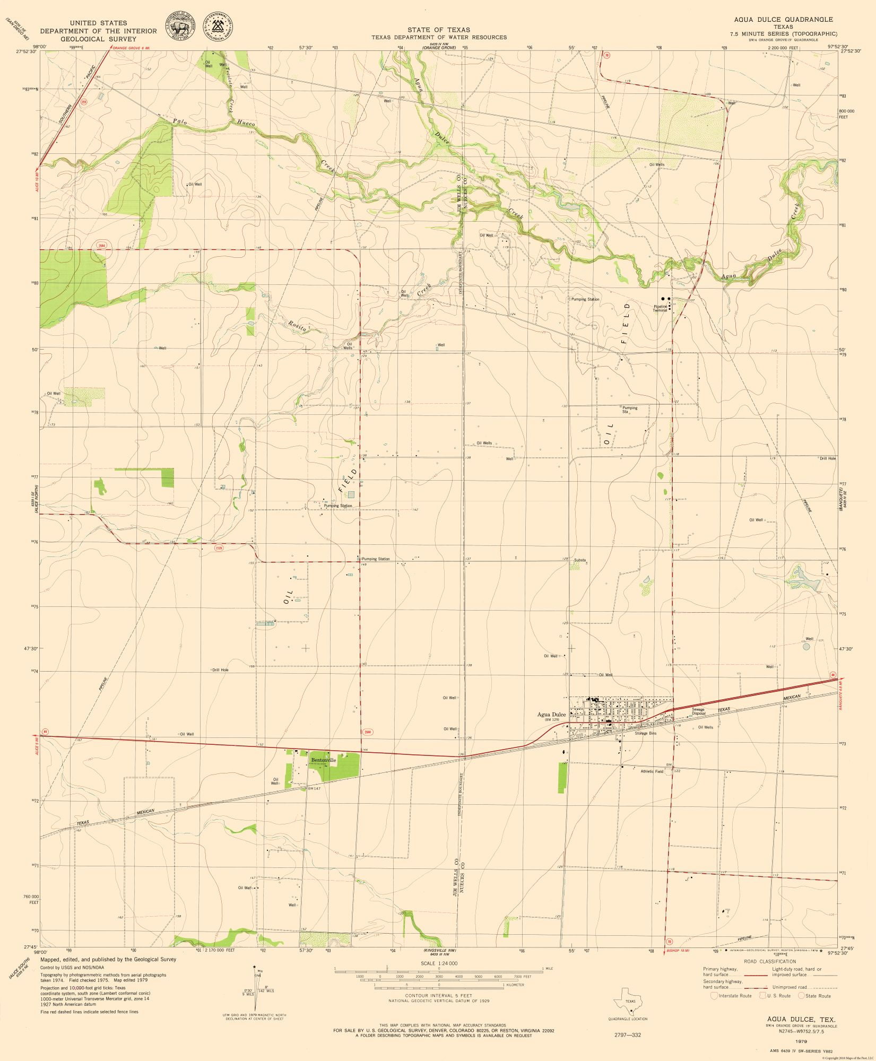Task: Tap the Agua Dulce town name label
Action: (552, 715)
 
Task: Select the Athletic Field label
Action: (652, 771)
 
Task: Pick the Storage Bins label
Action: (646, 733)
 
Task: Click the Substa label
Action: (579, 560)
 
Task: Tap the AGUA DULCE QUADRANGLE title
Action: (784, 19)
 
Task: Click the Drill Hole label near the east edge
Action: (828, 458)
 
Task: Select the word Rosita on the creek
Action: (298, 327)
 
